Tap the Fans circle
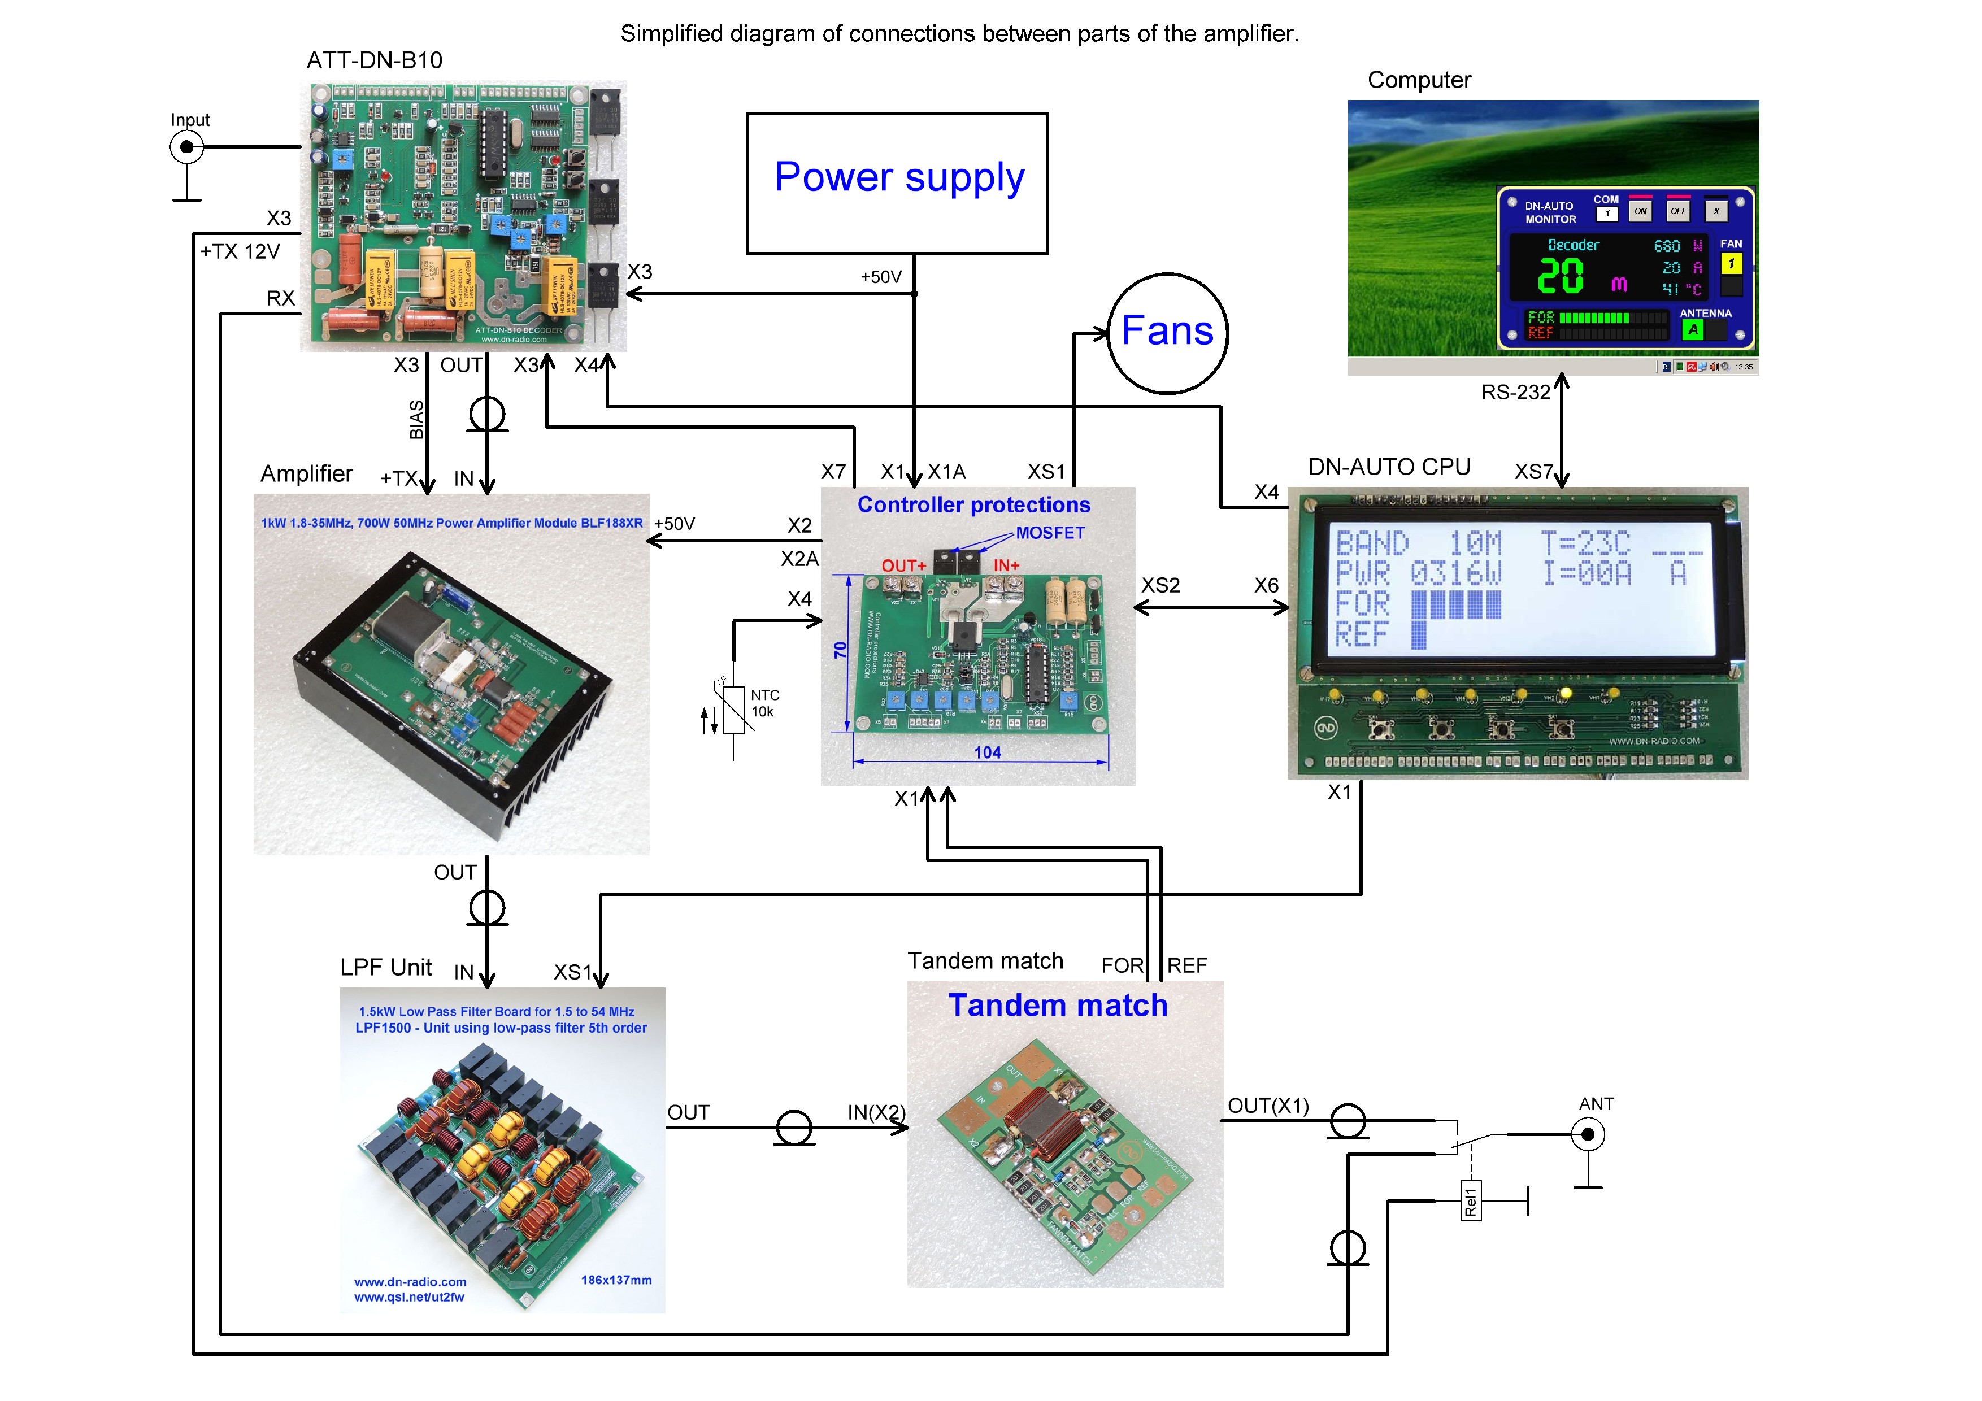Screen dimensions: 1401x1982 [1167, 333]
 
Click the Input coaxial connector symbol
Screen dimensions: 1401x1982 [186, 147]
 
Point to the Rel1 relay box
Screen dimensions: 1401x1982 [1470, 1200]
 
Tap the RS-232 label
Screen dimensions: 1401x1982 [1515, 393]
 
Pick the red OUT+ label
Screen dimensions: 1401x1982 [903, 565]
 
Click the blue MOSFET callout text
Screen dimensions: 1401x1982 [1050, 533]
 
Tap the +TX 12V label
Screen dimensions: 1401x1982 [240, 252]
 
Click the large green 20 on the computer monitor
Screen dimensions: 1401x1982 [1561, 276]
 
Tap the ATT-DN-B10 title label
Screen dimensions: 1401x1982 [375, 60]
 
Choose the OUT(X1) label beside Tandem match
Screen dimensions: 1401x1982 [1268, 1106]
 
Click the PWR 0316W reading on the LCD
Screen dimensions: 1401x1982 [1418, 574]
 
